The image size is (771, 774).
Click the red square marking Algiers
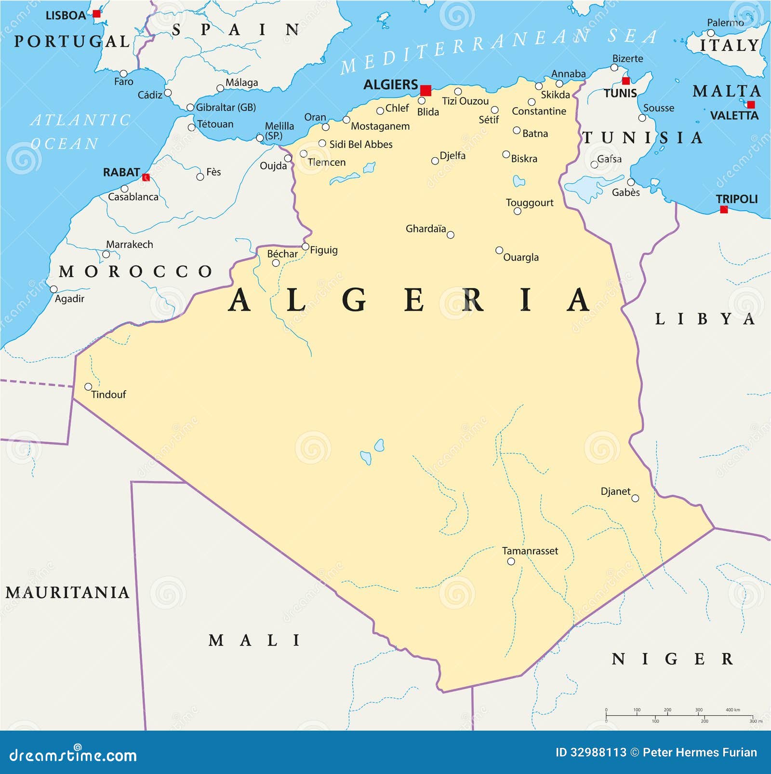(425, 91)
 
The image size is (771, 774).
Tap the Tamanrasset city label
(530, 551)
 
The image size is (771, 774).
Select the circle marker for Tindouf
(88, 387)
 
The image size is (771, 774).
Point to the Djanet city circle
(635, 498)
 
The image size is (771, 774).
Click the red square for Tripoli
(723, 209)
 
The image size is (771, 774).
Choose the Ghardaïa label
(425, 229)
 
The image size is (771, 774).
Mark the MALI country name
(254, 640)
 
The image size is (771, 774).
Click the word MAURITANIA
(67, 592)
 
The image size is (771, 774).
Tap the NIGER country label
(672, 659)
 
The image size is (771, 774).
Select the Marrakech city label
(129, 244)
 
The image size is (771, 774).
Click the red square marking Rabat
(146, 177)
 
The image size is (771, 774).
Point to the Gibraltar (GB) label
(226, 107)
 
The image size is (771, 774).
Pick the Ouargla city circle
(499, 250)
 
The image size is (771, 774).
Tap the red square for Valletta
(751, 105)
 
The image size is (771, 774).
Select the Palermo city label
(725, 23)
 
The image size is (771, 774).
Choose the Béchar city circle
(276, 263)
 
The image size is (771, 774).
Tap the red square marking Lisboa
(97, 14)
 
